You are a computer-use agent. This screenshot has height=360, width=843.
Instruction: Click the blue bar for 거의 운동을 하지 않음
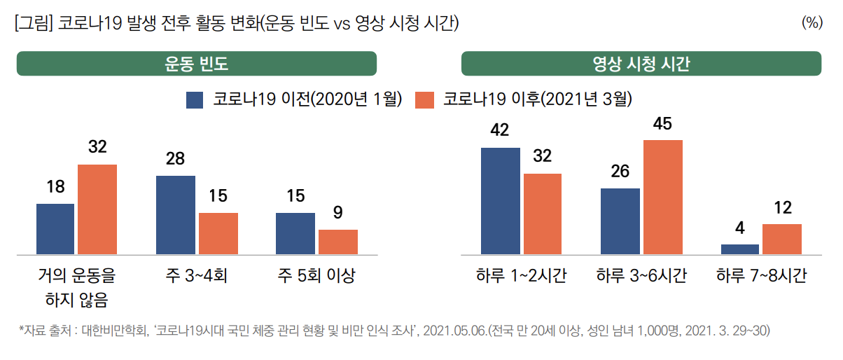pos(55,229)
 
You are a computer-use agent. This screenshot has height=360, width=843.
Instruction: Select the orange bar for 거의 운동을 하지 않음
pos(97,209)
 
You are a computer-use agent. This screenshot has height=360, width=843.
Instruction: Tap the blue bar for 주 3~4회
pos(176,215)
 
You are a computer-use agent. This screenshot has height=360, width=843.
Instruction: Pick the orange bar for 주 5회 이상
pos(338,242)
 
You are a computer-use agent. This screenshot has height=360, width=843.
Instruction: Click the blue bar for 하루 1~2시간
pos(501,201)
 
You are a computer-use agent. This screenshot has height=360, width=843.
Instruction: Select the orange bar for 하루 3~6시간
pos(663,197)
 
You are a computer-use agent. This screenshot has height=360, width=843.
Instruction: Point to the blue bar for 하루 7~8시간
pos(740,249)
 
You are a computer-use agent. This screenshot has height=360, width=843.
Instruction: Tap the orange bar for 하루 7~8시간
pos(782,239)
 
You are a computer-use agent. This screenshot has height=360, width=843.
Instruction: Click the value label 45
pos(662,124)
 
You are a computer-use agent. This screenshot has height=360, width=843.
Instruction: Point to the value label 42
pos(500,131)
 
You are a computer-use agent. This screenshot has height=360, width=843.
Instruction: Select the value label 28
pos(175,159)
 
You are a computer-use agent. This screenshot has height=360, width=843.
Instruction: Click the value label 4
pos(740,228)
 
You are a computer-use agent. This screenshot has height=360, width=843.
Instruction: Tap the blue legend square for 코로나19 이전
pos(195,99)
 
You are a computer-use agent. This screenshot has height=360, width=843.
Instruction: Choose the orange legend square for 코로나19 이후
pos(425,99)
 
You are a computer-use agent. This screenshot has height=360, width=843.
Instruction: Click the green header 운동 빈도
pos(197,64)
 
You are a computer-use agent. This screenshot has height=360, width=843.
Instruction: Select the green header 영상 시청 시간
pos(641,64)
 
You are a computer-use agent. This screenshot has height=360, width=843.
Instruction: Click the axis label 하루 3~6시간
pos(641,275)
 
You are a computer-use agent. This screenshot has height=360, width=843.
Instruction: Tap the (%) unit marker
pos(811,23)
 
